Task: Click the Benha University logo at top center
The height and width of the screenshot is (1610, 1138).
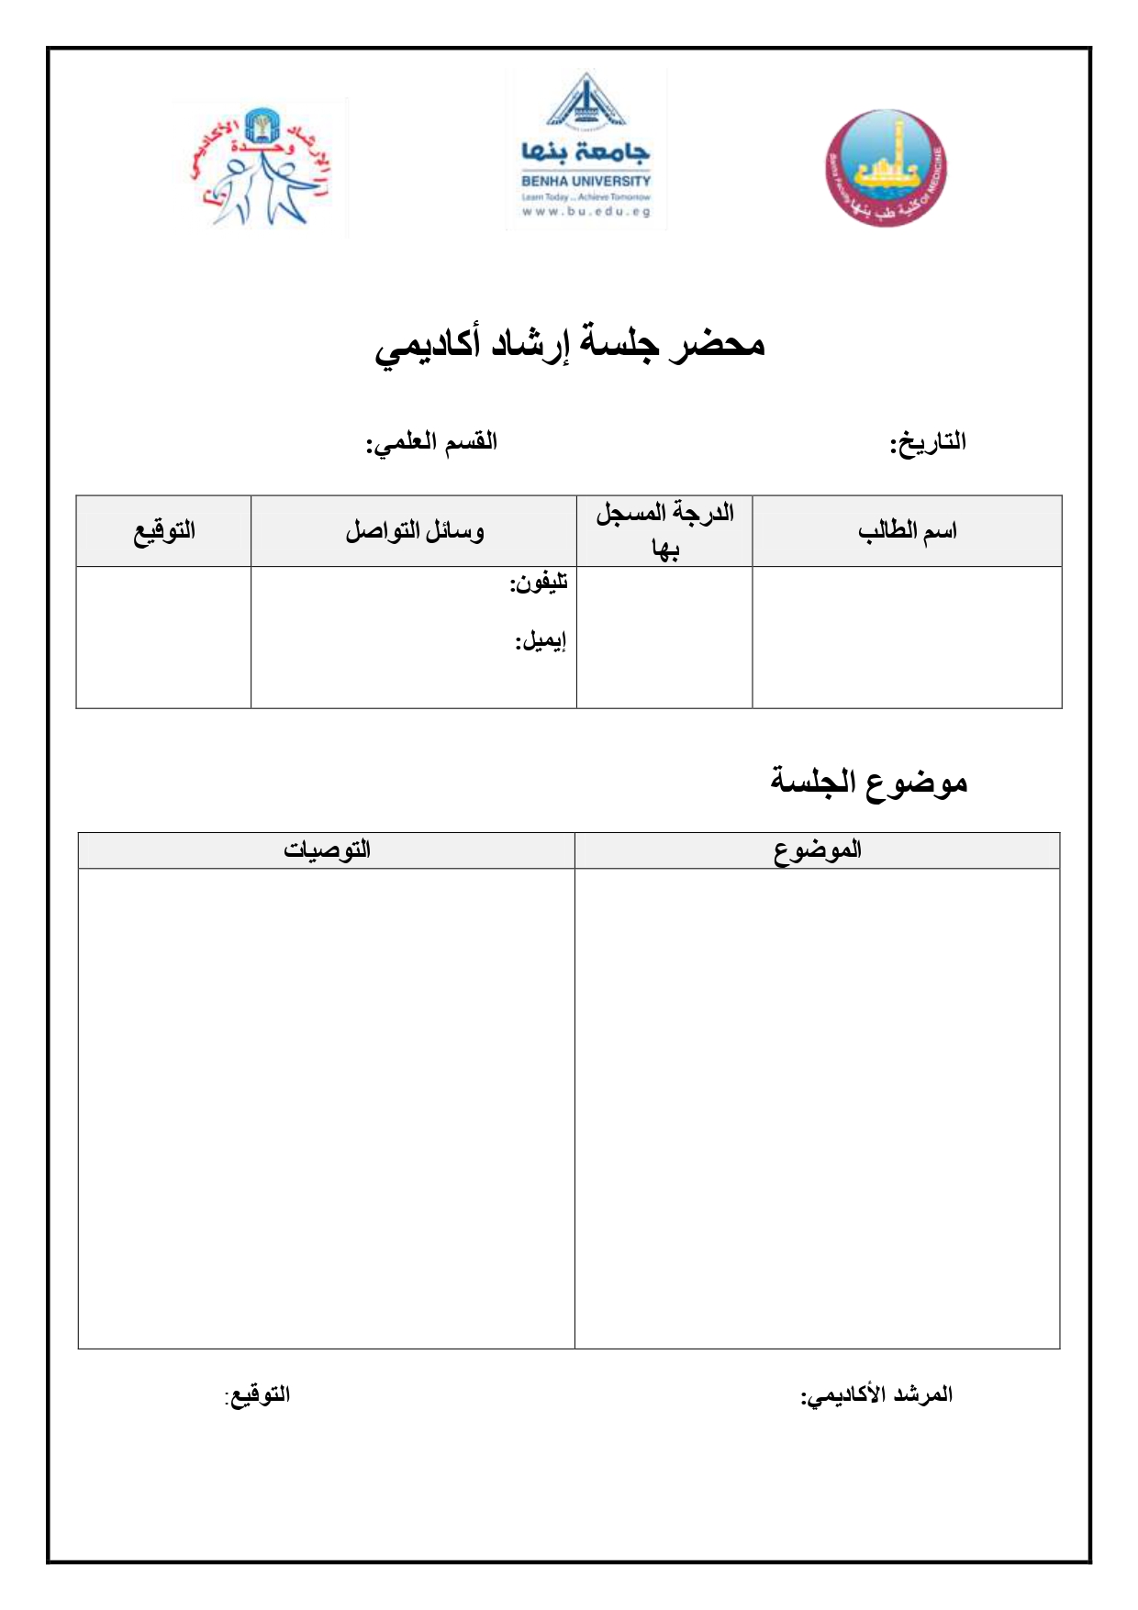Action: coord(586,149)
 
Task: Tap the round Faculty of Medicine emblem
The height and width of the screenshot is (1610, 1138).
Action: coord(886,169)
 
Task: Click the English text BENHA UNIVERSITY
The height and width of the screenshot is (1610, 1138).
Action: coord(586,182)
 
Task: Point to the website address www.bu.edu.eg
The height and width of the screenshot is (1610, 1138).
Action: coord(586,211)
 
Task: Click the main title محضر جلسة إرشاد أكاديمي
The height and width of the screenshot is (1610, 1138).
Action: coord(570,345)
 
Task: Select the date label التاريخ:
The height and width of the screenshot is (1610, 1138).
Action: coord(928,443)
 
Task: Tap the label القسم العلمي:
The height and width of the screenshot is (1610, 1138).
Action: coord(432,443)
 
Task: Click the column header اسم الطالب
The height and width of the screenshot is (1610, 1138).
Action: coord(907,531)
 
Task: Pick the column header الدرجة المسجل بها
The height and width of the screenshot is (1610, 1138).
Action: coord(664,530)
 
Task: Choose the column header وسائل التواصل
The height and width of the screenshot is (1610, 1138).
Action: coord(414,531)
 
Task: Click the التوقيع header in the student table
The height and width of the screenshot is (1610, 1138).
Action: coord(164,531)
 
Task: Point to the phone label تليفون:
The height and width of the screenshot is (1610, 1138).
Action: coord(539,583)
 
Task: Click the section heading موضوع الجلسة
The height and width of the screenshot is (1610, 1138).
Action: coord(868,782)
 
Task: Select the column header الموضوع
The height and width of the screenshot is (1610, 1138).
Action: coord(817,849)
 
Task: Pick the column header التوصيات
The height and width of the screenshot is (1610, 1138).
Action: coord(327,849)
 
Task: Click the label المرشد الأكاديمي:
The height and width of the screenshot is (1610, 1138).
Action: coord(876,1395)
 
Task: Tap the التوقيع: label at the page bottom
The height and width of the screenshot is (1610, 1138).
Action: coord(258,1395)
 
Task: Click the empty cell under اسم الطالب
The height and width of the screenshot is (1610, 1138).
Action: coord(907,637)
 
